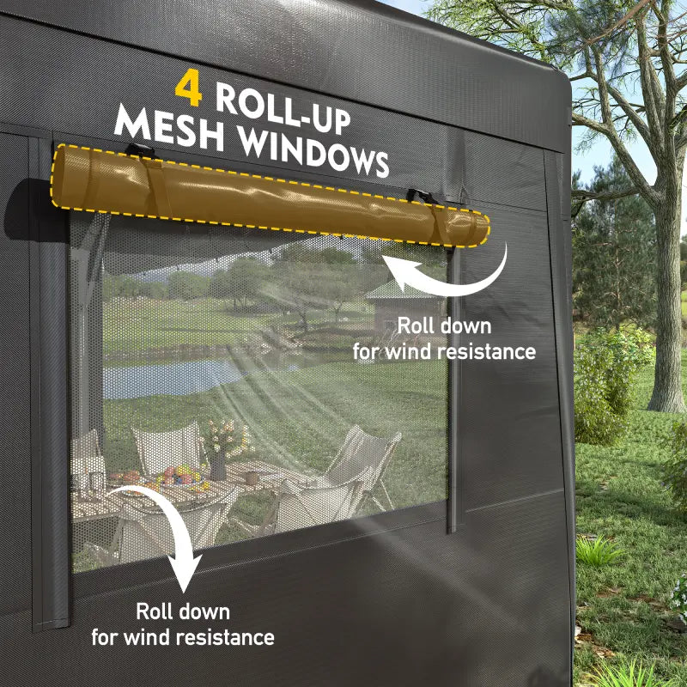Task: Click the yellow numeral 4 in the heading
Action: point(191,88)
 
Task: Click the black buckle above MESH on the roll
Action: point(141,151)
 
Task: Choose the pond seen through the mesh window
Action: point(172,378)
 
